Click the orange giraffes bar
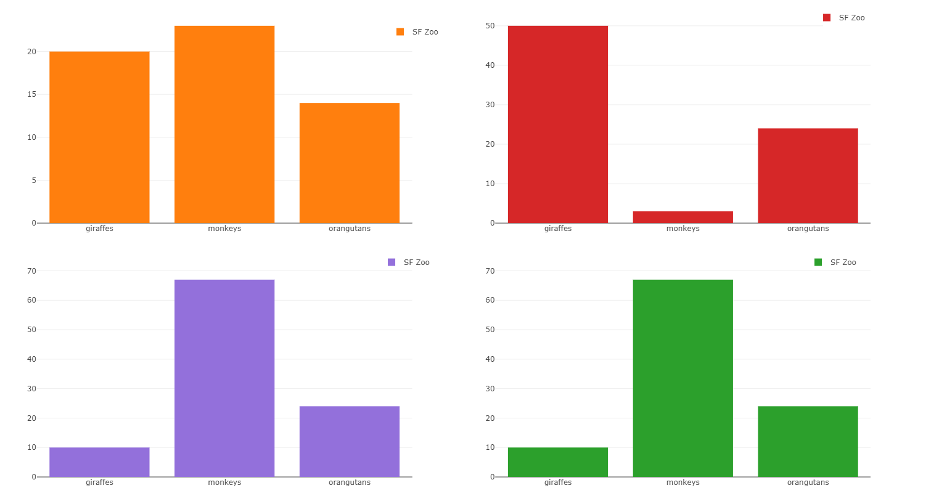(x=99, y=137)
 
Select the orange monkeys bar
(x=224, y=124)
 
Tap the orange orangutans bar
(x=350, y=163)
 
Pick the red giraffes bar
(x=558, y=124)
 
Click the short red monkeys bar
(x=683, y=217)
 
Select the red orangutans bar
(x=808, y=176)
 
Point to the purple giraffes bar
(x=99, y=462)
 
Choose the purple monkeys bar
(x=224, y=378)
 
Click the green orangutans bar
(x=808, y=441)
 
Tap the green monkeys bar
(x=683, y=378)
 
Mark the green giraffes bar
(x=558, y=462)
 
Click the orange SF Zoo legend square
(x=400, y=32)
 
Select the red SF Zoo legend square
(x=827, y=18)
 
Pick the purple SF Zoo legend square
(x=392, y=263)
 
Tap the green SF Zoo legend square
(x=818, y=263)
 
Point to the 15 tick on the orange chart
(x=31, y=94)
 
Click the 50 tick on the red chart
(x=490, y=26)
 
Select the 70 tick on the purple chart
(x=31, y=271)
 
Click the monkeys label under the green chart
(x=683, y=483)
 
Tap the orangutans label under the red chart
(x=808, y=229)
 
